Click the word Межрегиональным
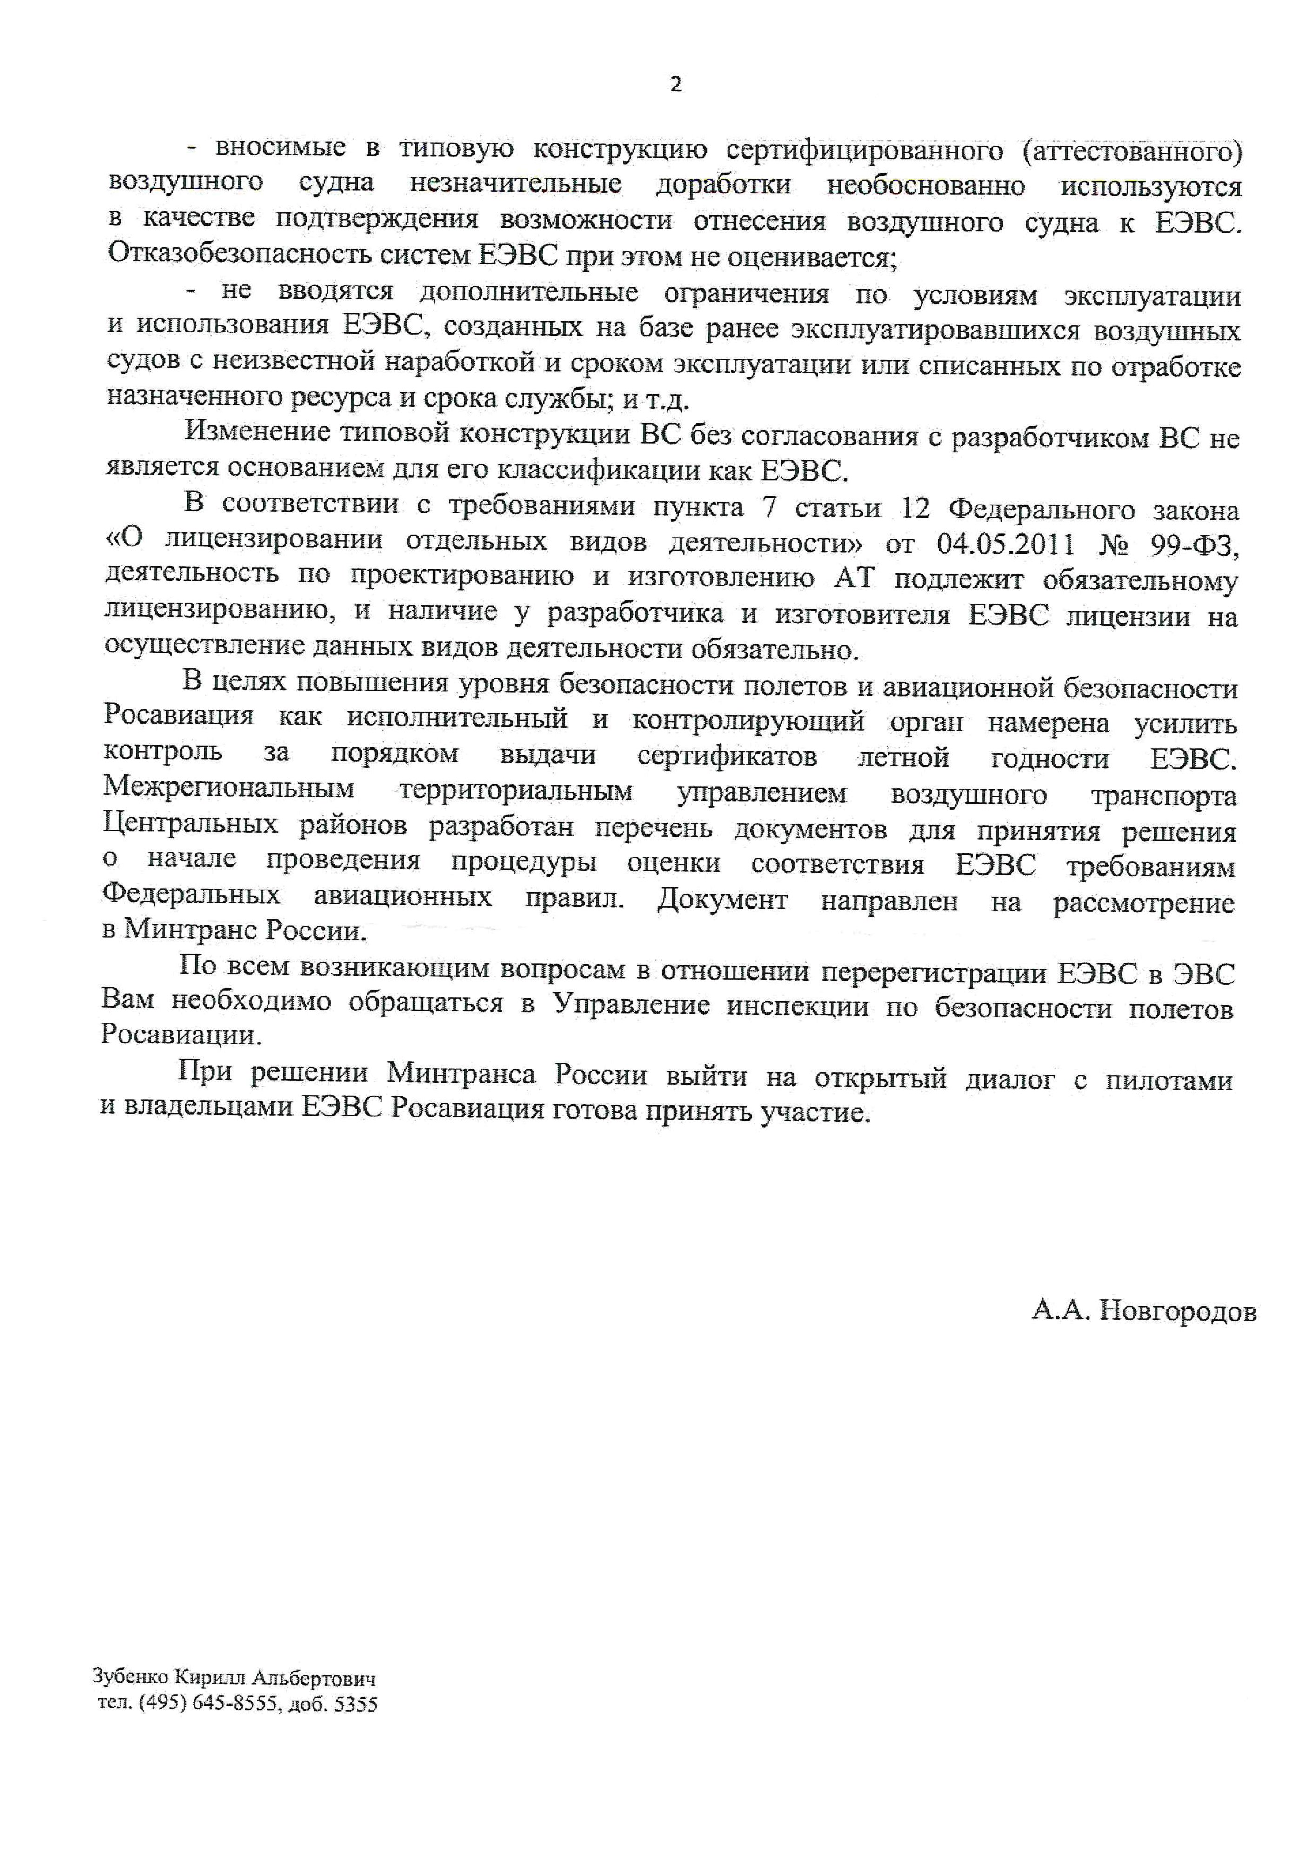[229, 788]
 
